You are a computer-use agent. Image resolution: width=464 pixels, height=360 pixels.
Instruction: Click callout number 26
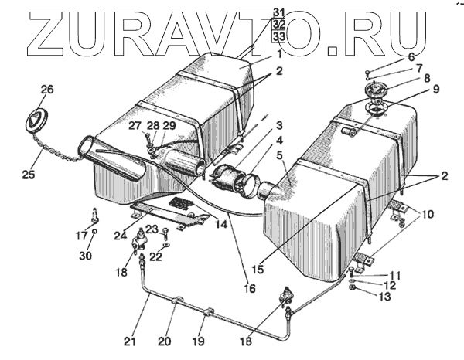point(47,90)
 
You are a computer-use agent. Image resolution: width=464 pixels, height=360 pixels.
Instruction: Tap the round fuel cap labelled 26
point(37,121)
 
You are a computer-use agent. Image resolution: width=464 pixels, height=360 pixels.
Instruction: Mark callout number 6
point(411,57)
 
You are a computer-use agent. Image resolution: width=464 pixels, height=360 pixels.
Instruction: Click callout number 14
point(222,224)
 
